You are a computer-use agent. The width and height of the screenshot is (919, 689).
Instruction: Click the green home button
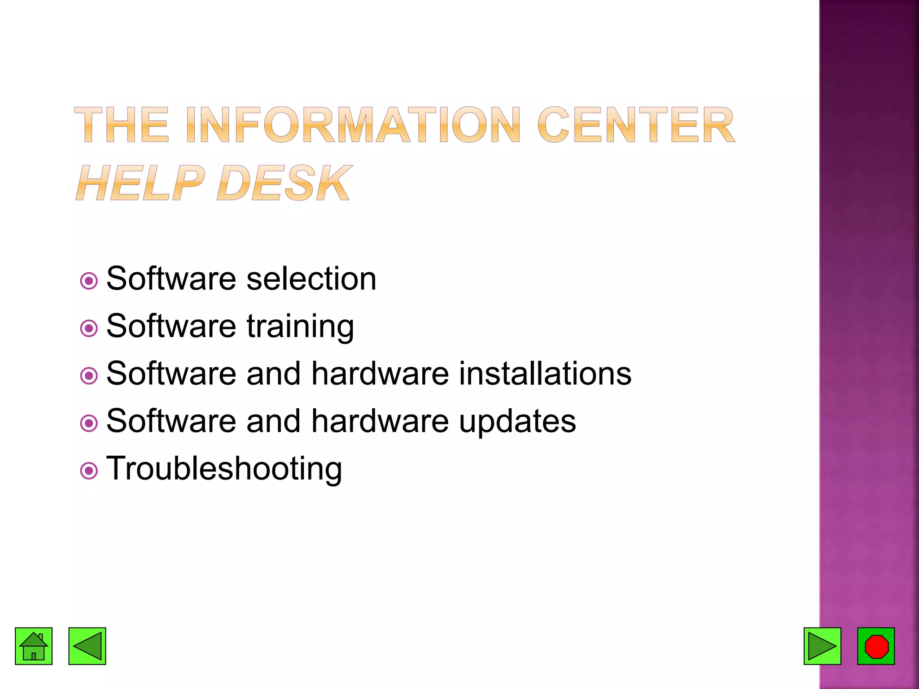click(x=34, y=646)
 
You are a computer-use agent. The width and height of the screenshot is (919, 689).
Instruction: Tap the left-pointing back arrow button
click(x=87, y=646)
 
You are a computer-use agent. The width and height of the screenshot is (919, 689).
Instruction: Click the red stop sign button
click(x=876, y=646)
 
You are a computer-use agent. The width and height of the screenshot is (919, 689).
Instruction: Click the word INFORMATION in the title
click(x=353, y=125)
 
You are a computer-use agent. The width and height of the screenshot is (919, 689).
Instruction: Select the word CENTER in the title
click(x=636, y=125)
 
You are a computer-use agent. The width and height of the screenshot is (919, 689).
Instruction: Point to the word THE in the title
click(x=122, y=125)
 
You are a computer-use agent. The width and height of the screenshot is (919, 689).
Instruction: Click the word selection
click(x=311, y=279)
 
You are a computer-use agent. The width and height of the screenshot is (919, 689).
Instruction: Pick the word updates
click(x=517, y=422)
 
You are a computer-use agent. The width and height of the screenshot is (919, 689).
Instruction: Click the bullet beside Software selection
click(x=89, y=281)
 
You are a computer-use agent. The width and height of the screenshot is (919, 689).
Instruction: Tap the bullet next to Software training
click(x=89, y=328)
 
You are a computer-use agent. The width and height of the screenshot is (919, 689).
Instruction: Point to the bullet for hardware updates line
click(x=89, y=423)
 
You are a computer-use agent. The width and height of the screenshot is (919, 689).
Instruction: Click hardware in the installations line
click(x=380, y=374)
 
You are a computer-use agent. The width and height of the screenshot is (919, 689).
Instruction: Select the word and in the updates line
click(x=273, y=421)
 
